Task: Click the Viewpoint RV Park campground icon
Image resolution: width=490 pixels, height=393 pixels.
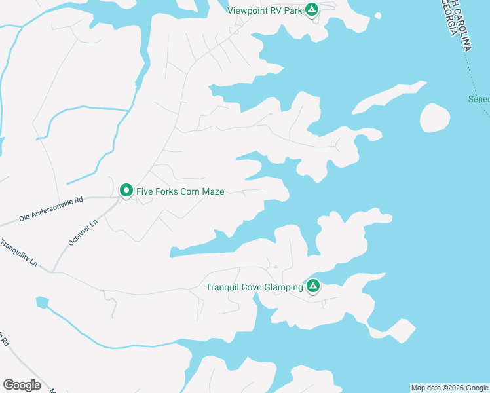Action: pos(312,10)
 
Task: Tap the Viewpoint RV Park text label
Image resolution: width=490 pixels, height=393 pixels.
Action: pos(264,10)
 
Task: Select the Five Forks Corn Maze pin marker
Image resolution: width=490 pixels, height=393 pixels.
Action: pos(126,191)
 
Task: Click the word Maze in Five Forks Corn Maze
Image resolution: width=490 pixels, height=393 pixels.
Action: pos(212,192)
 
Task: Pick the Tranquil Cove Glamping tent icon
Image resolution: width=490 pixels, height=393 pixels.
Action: pos(313,286)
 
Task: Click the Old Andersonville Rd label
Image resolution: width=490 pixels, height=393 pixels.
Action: pos(52,210)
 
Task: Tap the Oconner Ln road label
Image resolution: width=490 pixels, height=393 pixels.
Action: pos(83,233)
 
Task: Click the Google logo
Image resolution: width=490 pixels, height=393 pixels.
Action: pos(22,385)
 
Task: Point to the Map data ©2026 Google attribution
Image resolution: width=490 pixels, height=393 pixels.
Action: pos(449,388)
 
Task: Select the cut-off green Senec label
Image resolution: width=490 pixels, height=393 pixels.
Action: pos(479,100)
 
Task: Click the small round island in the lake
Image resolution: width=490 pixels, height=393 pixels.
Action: pos(434,118)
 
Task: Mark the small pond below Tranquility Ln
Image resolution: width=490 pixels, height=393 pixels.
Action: pos(43,303)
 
